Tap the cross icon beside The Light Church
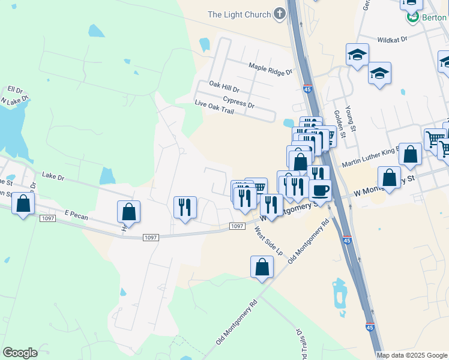click(x=279, y=14)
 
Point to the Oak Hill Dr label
click(x=224, y=86)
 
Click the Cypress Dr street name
click(x=238, y=102)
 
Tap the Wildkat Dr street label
click(x=392, y=39)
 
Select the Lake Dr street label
click(x=53, y=175)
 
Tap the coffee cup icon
click(x=319, y=190)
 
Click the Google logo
click(x=20, y=353)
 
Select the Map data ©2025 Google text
click(x=412, y=355)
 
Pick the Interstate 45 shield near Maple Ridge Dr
click(x=307, y=88)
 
